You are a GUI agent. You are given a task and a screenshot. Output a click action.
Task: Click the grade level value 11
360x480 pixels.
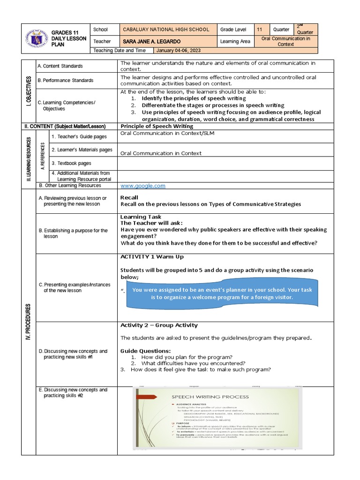[x=260, y=30]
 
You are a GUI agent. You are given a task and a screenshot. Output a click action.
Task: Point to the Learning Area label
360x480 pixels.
[x=236, y=42]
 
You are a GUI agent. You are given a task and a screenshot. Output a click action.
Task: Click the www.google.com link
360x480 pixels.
[x=143, y=186]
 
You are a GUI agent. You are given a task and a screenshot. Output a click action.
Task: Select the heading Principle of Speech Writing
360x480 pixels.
[x=157, y=126]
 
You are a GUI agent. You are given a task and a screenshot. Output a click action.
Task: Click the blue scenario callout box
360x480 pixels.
[x=222, y=294]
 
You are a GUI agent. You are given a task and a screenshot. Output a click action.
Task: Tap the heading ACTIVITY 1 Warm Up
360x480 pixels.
[x=152, y=257]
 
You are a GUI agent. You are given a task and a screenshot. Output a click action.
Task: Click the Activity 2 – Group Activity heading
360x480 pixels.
[x=159, y=325]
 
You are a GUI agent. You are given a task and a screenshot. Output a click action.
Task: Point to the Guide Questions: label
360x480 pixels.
[x=145, y=351]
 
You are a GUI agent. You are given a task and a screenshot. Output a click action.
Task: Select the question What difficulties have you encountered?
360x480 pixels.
[x=193, y=363]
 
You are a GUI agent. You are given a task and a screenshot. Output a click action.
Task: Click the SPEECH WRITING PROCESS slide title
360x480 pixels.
[x=210, y=397]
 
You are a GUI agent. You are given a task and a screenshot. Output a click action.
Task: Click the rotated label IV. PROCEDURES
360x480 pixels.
[x=29, y=321]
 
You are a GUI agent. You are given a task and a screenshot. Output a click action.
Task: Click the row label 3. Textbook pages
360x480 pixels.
[x=71, y=163]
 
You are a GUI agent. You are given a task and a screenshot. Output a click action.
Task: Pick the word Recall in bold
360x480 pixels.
[x=130, y=198]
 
